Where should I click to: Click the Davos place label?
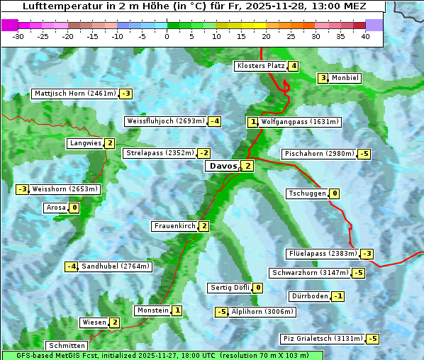click(x=222, y=166)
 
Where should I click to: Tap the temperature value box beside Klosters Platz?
click(x=293, y=66)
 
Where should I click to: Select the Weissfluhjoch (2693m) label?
click(x=165, y=121)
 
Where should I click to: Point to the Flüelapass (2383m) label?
click(x=322, y=254)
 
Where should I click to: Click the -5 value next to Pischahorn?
click(x=364, y=154)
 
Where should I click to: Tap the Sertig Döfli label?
click(x=230, y=288)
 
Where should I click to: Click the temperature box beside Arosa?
click(x=74, y=208)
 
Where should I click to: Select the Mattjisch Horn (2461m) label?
click(x=74, y=94)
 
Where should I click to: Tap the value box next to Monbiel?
click(x=323, y=78)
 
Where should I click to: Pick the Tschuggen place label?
click(x=307, y=193)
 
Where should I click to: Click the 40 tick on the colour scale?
click(x=365, y=36)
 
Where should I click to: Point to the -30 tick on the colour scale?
click(x=18, y=36)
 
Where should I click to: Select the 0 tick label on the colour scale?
click(x=167, y=36)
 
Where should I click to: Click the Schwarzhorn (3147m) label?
click(x=311, y=273)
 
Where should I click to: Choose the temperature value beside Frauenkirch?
click(x=204, y=226)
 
